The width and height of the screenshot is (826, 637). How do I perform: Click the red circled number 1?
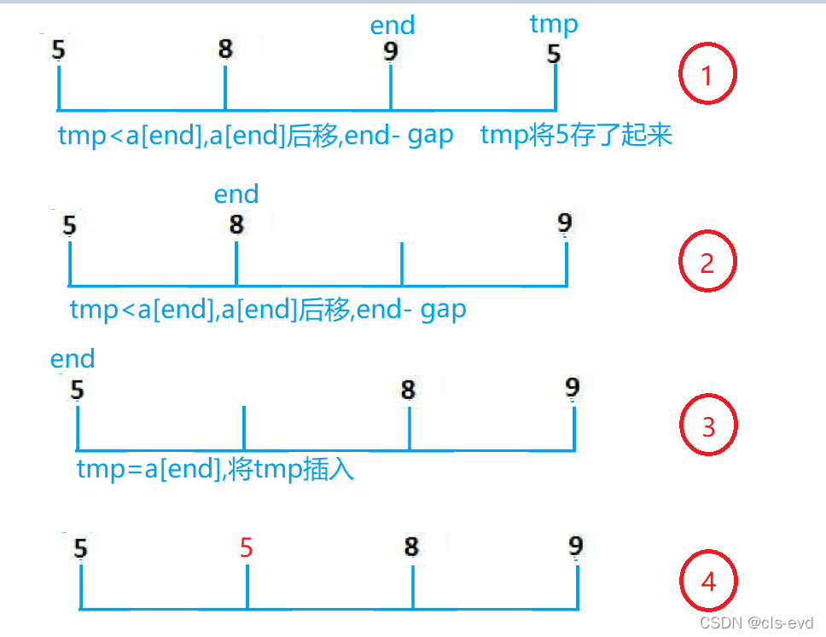pyautogui.click(x=707, y=76)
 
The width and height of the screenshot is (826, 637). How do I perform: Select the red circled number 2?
pyautogui.click(x=707, y=263)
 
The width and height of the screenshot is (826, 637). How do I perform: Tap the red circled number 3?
pyautogui.click(x=707, y=426)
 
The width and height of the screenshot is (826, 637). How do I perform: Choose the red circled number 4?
pyautogui.click(x=707, y=582)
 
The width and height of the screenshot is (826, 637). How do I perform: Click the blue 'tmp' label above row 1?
pyautogui.click(x=554, y=25)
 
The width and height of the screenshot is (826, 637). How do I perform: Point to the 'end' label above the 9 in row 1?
pyautogui.click(x=392, y=26)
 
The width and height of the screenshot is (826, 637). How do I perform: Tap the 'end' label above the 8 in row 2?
pyautogui.click(x=236, y=194)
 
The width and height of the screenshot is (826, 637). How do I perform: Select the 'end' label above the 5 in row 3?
pyautogui.click(x=73, y=358)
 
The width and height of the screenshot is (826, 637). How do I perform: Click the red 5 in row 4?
pyautogui.click(x=247, y=547)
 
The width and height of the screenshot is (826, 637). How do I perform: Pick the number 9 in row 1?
pyautogui.click(x=391, y=52)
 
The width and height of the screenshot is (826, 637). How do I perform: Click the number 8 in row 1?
pyautogui.click(x=225, y=49)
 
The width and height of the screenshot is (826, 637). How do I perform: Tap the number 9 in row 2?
pyautogui.click(x=565, y=223)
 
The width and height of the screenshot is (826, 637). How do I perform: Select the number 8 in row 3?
pyautogui.click(x=409, y=390)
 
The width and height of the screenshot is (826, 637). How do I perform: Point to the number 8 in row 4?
pyautogui.click(x=411, y=547)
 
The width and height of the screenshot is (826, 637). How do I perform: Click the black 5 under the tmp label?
pyautogui.click(x=554, y=55)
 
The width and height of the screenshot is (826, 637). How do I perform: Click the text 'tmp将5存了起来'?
pyautogui.click(x=577, y=135)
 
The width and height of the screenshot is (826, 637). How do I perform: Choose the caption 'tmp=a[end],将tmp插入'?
pyautogui.click(x=215, y=469)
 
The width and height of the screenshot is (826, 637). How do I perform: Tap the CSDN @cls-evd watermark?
pyautogui.click(x=756, y=623)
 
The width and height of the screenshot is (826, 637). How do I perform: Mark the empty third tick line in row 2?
pyautogui.click(x=402, y=264)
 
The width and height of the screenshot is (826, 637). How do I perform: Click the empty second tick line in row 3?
pyautogui.click(x=244, y=428)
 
